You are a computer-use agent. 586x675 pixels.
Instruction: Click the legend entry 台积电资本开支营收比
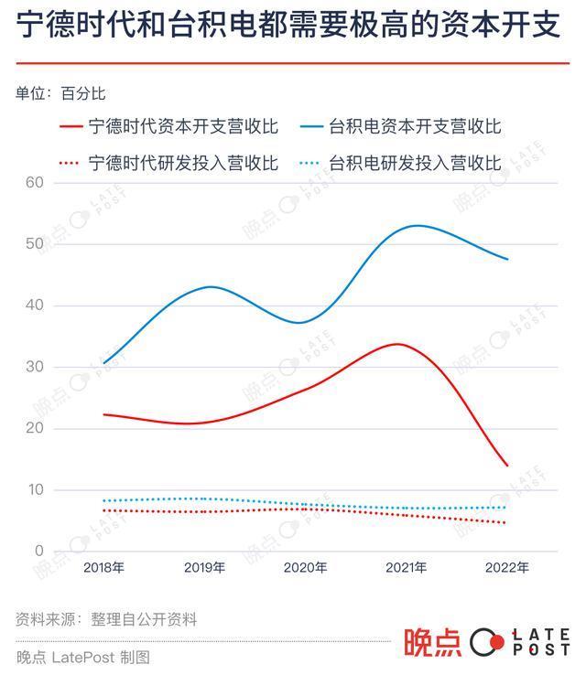415,126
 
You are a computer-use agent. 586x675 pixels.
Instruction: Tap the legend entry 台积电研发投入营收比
415,164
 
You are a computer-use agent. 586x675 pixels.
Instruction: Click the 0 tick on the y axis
38,552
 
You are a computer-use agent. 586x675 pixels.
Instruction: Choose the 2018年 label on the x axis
103,568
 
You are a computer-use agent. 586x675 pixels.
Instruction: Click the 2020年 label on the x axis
305,568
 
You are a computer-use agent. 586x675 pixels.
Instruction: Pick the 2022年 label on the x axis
506,568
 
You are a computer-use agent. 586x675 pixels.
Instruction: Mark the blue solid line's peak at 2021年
417,225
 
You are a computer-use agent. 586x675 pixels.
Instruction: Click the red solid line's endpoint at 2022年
506,466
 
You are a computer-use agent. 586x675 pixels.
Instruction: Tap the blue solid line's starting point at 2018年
103,363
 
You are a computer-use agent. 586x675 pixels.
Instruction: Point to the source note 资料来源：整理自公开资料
106,619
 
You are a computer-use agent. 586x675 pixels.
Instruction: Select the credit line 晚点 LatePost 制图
82,657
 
